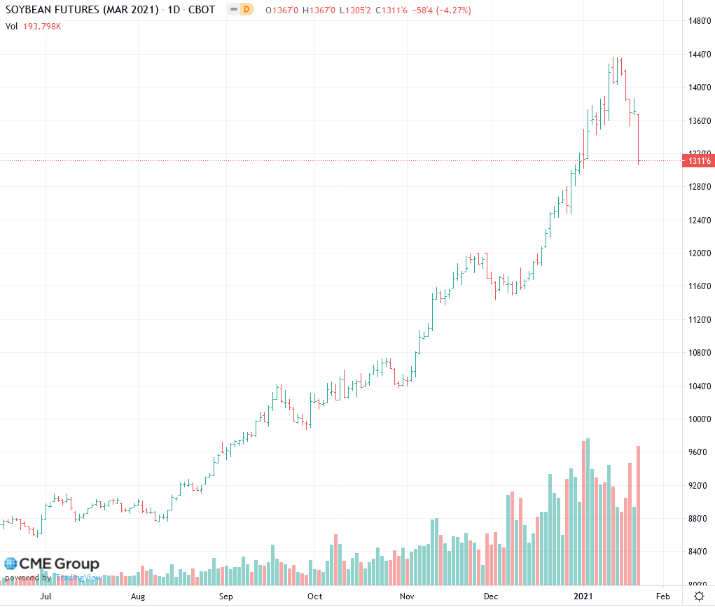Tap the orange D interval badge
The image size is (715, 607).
point(246,9)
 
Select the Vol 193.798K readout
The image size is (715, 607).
point(33,26)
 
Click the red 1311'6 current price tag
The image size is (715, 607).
point(699,162)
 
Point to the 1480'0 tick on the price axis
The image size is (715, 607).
point(699,21)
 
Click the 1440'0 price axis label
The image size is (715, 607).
point(699,54)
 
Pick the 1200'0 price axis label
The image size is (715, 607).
point(699,253)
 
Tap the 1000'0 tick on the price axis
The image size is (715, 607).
point(699,419)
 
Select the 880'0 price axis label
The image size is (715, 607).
point(699,519)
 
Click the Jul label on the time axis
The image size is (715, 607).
point(46,596)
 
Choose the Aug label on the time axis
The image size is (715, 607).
point(137,596)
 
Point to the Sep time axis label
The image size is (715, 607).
point(225,596)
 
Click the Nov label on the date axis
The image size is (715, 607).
point(407,596)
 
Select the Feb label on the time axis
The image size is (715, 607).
point(662,596)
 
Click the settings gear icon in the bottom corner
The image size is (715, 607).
point(699,596)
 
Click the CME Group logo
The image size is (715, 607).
point(52,564)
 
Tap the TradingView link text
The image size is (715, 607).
point(78,578)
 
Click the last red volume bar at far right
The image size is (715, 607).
point(639,515)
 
